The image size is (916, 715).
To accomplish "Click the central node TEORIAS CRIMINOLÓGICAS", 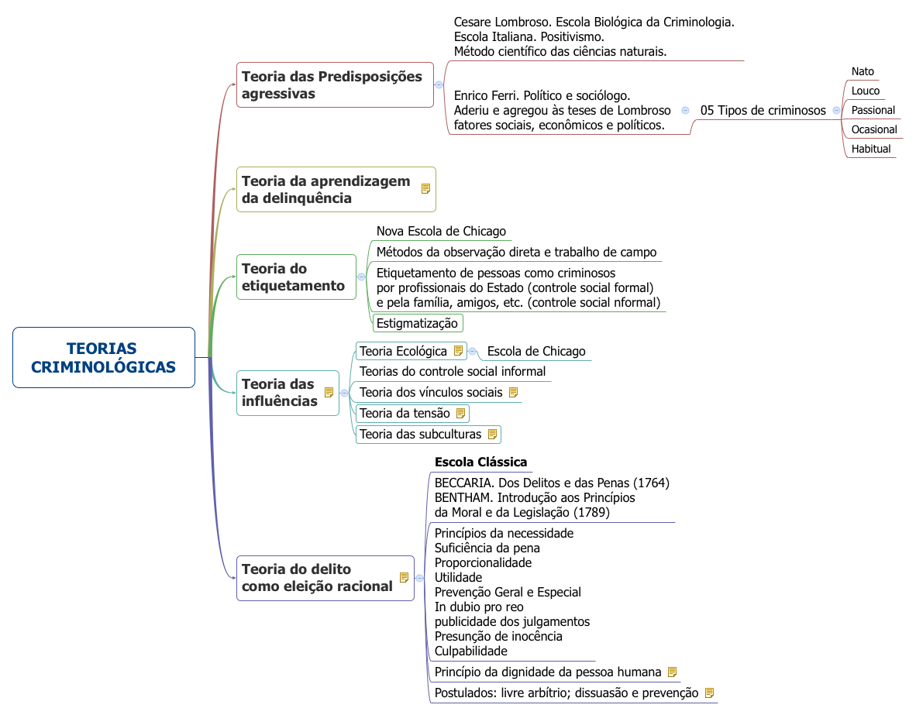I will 103,357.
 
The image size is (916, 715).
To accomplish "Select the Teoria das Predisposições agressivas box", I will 334,84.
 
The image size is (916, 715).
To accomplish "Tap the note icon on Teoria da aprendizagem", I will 425,188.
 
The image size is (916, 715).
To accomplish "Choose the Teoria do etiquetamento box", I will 295,277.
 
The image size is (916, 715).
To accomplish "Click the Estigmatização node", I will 418,323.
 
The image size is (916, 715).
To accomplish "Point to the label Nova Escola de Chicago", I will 441,231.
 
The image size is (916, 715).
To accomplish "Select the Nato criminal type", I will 863,71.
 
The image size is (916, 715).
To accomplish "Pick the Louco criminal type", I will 866,91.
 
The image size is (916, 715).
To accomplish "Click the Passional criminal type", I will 873,110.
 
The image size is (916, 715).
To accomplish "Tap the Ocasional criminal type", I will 874,129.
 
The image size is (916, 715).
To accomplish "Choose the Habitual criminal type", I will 871,149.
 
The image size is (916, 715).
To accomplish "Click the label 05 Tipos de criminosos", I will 763,110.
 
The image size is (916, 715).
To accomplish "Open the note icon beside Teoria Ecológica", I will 458,351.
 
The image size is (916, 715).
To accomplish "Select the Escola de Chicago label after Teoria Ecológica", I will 536,351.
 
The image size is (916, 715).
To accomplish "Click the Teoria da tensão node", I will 405,413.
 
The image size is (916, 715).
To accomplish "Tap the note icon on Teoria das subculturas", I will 491,434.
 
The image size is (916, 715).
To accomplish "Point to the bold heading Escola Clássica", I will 480,462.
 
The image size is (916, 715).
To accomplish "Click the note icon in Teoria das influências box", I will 329,392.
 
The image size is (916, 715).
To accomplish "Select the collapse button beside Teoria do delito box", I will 419,578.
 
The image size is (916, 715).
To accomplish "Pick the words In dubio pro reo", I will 479,607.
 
